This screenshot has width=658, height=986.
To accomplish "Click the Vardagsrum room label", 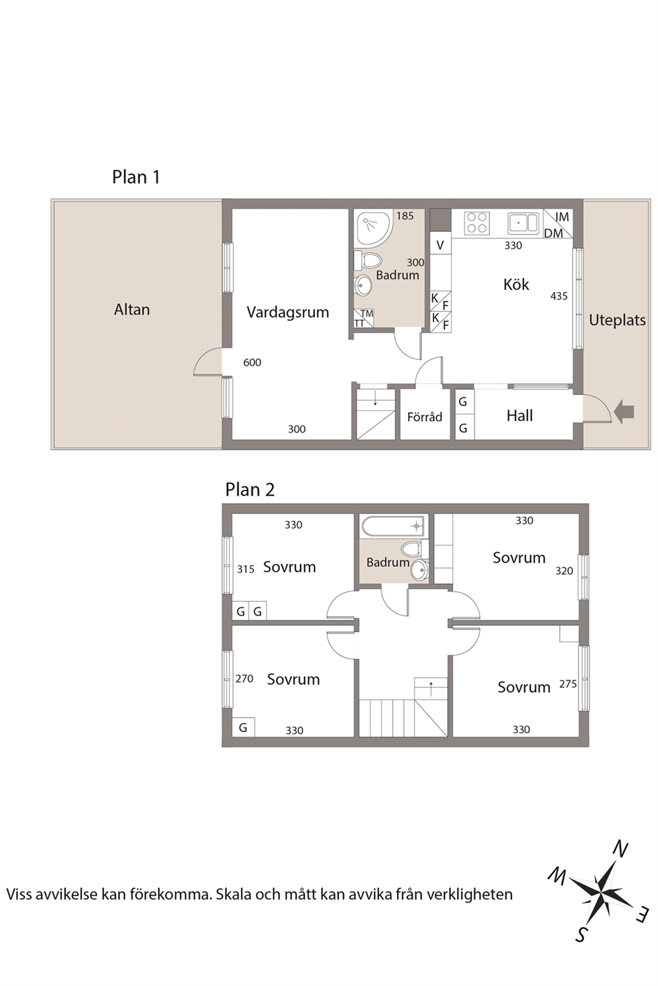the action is pyautogui.click(x=287, y=312).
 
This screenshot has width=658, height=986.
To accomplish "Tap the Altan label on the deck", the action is pyautogui.click(x=132, y=309).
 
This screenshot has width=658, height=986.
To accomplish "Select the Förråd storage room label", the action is pyautogui.click(x=425, y=416).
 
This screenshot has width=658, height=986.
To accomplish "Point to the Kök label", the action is pyautogui.click(x=515, y=284).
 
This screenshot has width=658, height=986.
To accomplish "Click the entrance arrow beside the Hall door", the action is pyautogui.click(x=624, y=412).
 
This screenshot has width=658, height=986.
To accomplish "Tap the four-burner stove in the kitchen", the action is pyautogui.click(x=478, y=222).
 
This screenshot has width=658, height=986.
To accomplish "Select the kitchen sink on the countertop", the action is pyautogui.click(x=523, y=222).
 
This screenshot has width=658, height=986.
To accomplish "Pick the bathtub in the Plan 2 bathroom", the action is pyautogui.click(x=393, y=526).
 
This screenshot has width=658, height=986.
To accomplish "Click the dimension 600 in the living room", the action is pyautogui.click(x=252, y=362).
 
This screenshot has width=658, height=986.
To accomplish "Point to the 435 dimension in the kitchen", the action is pyautogui.click(x=559, y=296).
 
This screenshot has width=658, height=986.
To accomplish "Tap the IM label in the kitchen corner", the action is pyautogui.click(x=562, y=217).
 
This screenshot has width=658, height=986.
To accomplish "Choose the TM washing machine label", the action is pyautogui.click(x=367, y=313).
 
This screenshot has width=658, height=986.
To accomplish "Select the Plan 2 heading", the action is pyautogui.click(x=250, y=489).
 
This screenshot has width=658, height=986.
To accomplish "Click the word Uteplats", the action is pyautogui.click(x=617, y=320).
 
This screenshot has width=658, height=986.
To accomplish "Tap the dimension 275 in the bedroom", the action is pyautogui.click(x=568, y=684).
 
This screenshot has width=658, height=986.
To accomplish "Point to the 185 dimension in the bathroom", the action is pyautogui.click(x=405, y=216).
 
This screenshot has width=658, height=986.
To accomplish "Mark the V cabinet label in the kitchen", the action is pyautogui.click(x=440, y=245).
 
